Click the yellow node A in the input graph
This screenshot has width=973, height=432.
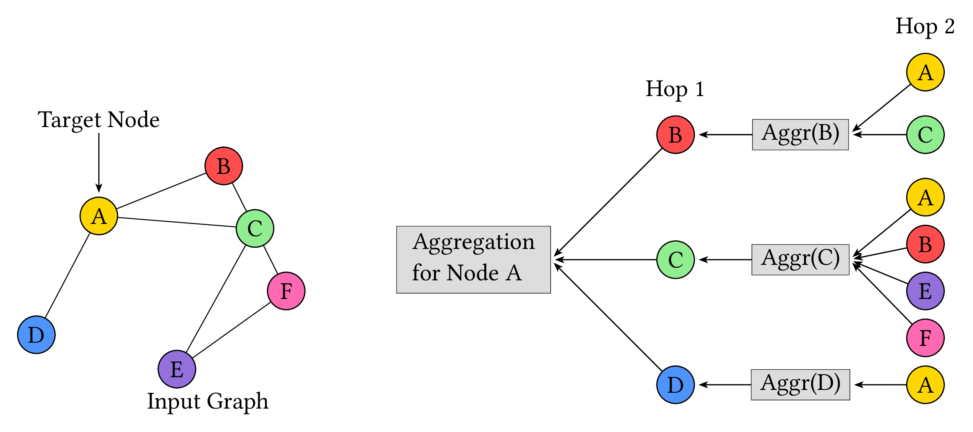tap(99, 216)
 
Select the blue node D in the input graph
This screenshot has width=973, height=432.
tap(36, 335)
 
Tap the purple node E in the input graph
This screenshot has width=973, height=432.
tap(177, 369)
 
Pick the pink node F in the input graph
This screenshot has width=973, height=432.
tap(286, 291)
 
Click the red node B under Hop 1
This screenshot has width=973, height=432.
tap(676, 135)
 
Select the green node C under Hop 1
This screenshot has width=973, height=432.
tap(676, 260)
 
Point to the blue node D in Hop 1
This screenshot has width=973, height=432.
tap(676, 385)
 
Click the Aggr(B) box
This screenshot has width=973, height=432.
tap(800, 135)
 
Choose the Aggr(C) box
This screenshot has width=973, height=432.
tap(800, 260)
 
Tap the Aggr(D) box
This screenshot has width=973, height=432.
tap(800, 385)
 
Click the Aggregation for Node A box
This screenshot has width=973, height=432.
tap(473, 260)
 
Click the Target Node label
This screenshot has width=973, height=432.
tap(98, 120)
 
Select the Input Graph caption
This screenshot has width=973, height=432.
tap(207, 401)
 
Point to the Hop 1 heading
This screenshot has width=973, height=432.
tap(675, 89)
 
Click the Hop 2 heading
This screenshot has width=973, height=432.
tap(925, 27)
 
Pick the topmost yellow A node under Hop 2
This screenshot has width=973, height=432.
tap(925, 72)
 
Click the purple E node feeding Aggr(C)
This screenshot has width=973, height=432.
tap(925, 291)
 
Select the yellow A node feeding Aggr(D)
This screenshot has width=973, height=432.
tap(925, 385)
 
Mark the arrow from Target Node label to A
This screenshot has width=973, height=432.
tap(99, 163)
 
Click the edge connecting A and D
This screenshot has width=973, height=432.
tap(67, 276)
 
